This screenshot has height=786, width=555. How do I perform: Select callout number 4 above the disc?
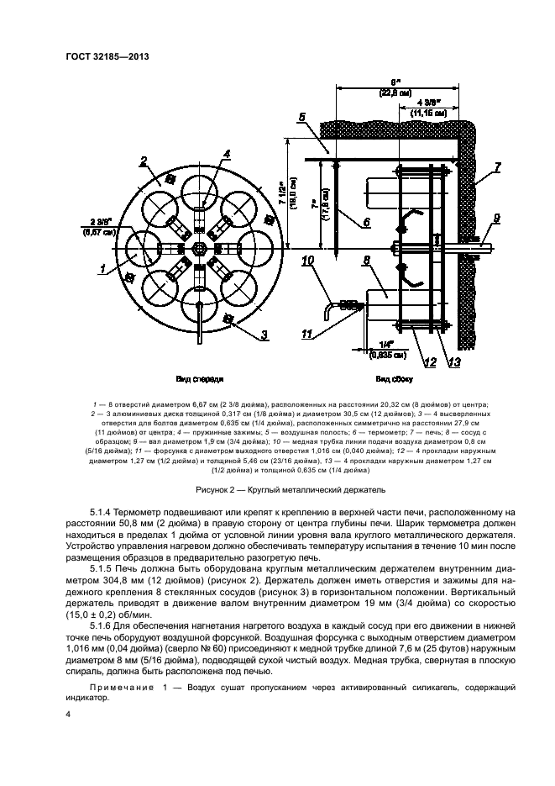(x=227, y=154)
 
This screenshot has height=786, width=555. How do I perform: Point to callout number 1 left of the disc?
(x=102, y=270)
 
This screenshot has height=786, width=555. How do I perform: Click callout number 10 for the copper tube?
(x=308, y=262)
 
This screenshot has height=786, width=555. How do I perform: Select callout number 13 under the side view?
(x=453, y=361)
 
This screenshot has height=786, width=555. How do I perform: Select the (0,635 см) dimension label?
(x=389, y=355)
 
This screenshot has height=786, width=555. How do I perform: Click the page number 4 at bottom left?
(x=68, y=715)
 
